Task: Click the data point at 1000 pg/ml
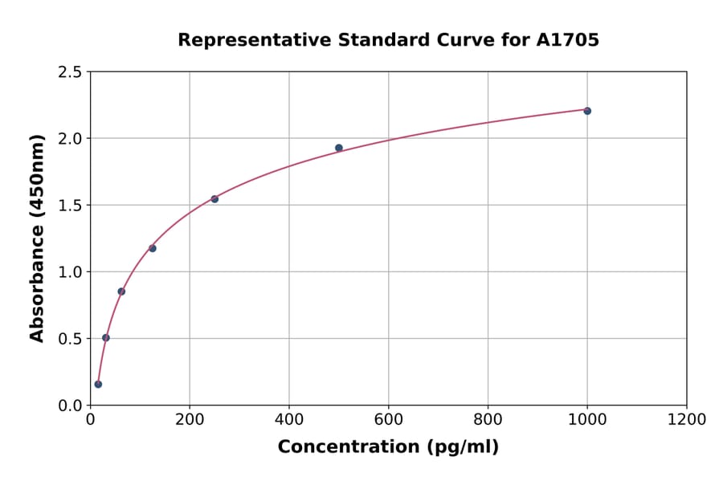click(x=587, y=111)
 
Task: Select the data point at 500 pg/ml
click(x=339, y=148)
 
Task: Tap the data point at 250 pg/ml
click(x=214, y=199)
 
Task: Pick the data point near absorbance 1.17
click(x=153, y=248)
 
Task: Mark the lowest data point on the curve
click(x=98, y=384)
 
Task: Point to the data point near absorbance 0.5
click(x=106, y=338)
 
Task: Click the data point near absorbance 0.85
click(x=121, y=291)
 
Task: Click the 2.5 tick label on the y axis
click(x=70, y=72)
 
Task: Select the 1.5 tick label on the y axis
click(x=70, y=206)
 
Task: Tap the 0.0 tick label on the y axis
click(x=70, y=406)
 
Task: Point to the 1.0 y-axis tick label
click(x=70, y=272)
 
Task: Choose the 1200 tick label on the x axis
click(x=687, y=420)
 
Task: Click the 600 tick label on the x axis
click(x=389, y=420)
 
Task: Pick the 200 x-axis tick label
click(x=190, y=420)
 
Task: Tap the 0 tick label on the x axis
click(x=91, y=420)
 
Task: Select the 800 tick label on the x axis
click(x=488, y=420)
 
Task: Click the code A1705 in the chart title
click(x=567, y=40)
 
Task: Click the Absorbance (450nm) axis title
click(x=37, y=238)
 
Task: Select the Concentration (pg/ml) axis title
click(x=388, y=447)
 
